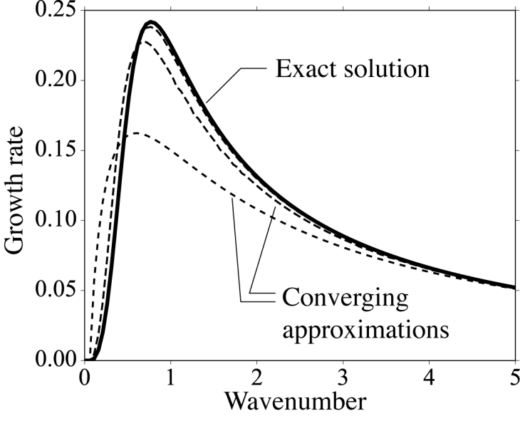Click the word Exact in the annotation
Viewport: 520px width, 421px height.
pyautogui.click(x=304, y=70)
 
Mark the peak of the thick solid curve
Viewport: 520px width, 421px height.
pyautogui.click(x=150, y=22)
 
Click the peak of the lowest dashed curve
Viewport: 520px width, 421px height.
pyautogui.click(x=138, y=133)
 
